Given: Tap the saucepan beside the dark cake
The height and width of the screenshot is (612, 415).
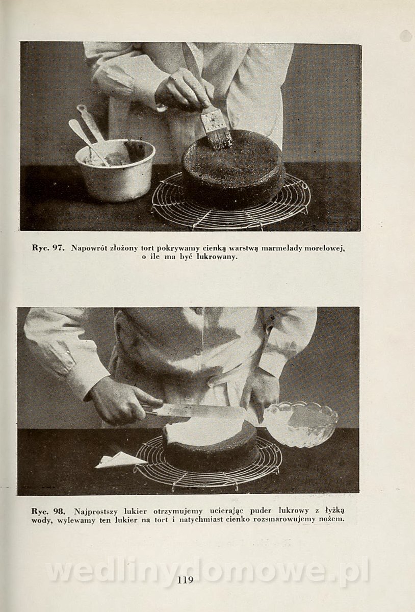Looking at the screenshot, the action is click(115, 169).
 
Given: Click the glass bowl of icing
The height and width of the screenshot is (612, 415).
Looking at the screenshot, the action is click(300, 423).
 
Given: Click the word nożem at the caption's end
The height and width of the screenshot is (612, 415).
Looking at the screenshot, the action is click(332, 519).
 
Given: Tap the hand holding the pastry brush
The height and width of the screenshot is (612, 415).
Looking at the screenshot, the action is click(184, 89).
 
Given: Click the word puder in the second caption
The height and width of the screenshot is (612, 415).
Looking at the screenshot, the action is click(262, 511).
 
